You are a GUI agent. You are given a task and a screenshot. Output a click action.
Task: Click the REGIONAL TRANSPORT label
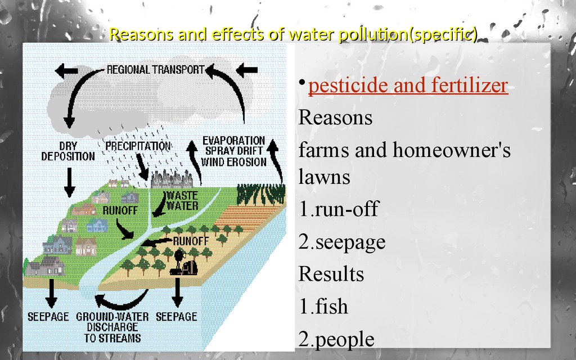[x=155, y=69]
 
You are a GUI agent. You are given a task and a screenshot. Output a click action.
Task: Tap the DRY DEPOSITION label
[x=68, y=151]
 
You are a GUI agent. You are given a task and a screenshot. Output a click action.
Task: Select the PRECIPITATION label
[x=138, y=146]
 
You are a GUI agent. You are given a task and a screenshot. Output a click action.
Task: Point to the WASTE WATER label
[x=182, y=201]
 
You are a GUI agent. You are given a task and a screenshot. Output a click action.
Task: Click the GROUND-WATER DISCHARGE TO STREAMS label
[x=112, y=327]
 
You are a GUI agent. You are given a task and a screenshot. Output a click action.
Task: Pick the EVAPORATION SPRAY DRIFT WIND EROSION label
[x=233, y=151]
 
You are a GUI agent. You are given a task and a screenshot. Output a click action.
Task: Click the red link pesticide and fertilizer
[x=408, y=85]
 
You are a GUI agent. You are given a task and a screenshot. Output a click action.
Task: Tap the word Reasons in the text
[x=335, y=118]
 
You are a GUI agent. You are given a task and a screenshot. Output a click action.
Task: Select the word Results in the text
[x=331, y=274]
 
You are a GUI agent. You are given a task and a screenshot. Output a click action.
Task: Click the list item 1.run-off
[x=338, y=209]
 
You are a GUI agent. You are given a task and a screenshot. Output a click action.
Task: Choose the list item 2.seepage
[x=342, y=242]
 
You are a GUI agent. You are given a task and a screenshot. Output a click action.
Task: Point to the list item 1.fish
[x=323, y=306]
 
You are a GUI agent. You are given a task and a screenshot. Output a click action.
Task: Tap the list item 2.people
[x=336, y=339]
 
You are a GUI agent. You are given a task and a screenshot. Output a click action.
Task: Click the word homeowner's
[x=452, y=150]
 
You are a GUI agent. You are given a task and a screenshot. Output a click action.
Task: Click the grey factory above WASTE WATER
[x=172, y=179]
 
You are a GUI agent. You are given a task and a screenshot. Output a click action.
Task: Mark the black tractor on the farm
[x=184, y=263]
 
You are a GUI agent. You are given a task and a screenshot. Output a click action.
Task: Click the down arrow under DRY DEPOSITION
[x=69, y=182]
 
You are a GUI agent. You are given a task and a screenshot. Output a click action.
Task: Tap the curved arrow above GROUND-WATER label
[x=121, y=299]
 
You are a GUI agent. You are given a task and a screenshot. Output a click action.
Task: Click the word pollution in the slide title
[x=372, y=34]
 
